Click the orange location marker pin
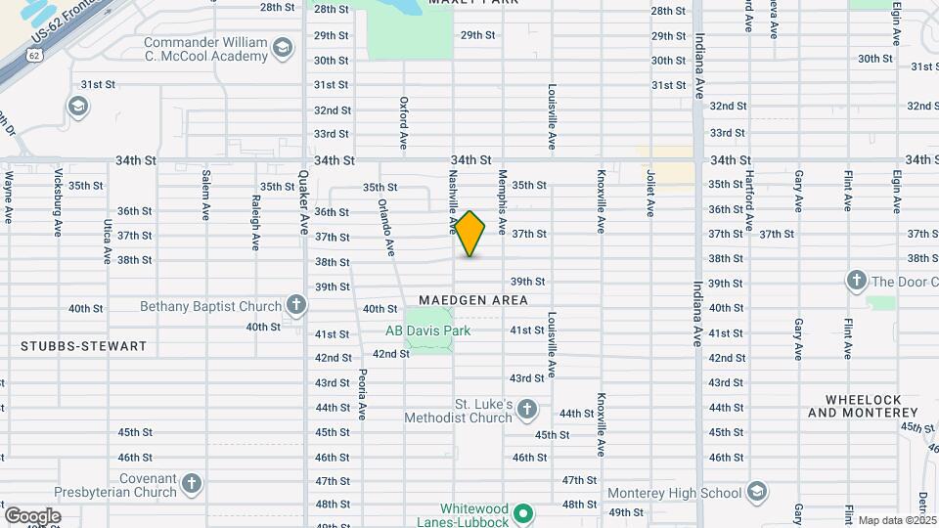[470, 234]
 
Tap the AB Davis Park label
[427, 330]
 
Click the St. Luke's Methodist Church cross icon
[527, 409]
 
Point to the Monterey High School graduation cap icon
[756, 492]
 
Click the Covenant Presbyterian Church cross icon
[192, 483]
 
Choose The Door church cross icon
[856, 282]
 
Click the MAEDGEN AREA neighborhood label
[473, 300]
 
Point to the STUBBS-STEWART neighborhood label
[83, 346]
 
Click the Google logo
[31, 516]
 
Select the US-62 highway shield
[35, 57]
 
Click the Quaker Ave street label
[303, 202]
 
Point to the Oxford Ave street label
[403, 122]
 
